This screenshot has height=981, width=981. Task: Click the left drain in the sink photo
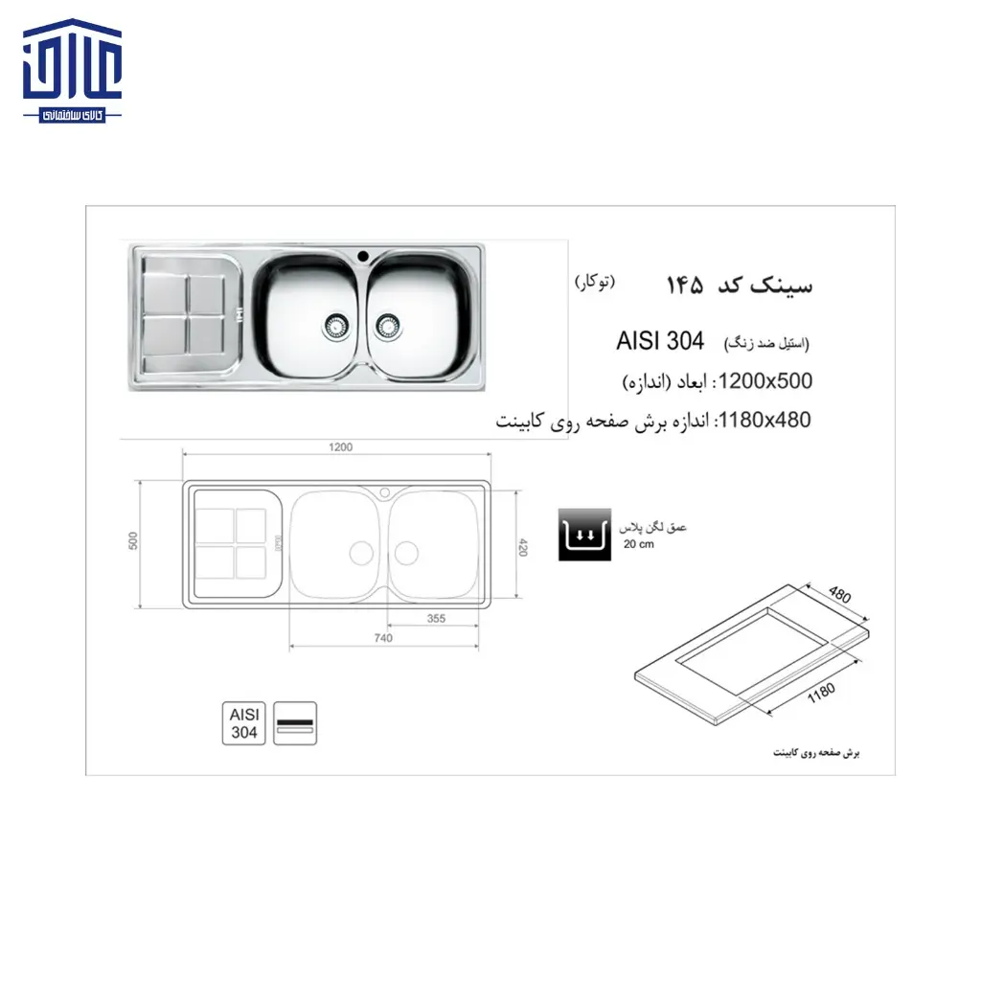pyautogui.click(x=334, y=326)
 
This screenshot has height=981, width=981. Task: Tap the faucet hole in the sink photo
pyautogui.click(x=363, y=256)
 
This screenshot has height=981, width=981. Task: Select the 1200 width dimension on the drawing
pyautogui.click(x=340, y=447)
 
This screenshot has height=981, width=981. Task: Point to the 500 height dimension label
pyautogui.click(x=134, y=540)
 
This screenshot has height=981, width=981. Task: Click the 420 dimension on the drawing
pyautogui.click(x=524, y=547)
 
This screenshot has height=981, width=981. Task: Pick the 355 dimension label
pyautogui.click(x=436, y=619)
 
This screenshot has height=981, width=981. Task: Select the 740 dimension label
pyautogui.click(x=383, y=638)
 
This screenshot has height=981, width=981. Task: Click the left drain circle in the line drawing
pyautogui.click(x=360, y=552)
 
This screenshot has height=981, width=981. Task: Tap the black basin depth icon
pyautogui.click(x=583, y=536)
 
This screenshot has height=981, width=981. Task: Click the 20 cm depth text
pyautogui.click(x=638, y=545)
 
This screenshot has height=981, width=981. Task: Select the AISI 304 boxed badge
pyautogui.click(x=243, y=723)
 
